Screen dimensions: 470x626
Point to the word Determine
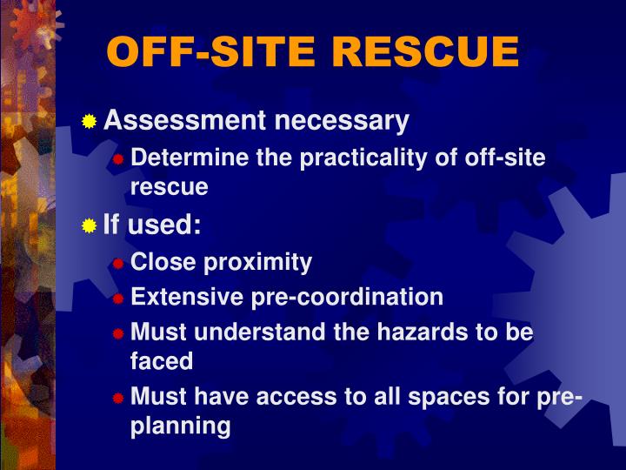[x=182, y=158]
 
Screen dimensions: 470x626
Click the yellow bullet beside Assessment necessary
[x=90, y=123]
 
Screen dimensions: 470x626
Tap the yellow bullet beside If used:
[x=90, y=227]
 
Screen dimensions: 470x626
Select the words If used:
[x=152, y=226]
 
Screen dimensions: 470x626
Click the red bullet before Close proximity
[x=118, y=263]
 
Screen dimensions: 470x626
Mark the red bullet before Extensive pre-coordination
[x=118, y=299]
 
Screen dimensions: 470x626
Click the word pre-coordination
[x=348, y=297]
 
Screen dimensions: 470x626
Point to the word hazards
[x=416, y=332]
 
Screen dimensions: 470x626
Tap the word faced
[x=162, y=359]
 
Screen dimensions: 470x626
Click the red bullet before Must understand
[x=118, y=333]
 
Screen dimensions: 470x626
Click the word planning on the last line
[x=181, y=426]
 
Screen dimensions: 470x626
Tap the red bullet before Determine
[x=118, y=160]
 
